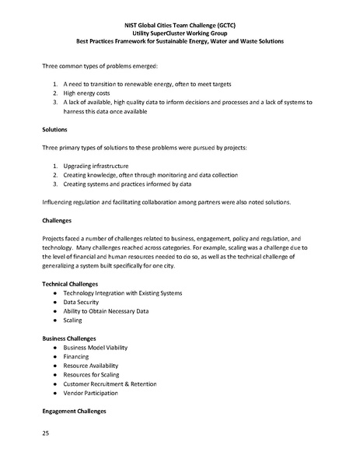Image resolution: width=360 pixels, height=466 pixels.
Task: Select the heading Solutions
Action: (x=56, y=129)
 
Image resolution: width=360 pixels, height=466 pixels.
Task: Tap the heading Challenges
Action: (x=59, y=220)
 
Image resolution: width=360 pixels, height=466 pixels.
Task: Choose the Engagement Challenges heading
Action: (x=79, y=410)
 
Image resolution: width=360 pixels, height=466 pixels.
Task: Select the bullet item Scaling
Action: (x=75, y=320)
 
